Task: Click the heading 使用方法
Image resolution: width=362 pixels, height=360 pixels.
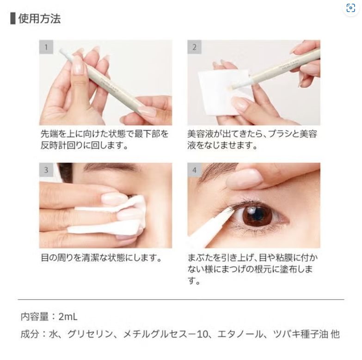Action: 39,19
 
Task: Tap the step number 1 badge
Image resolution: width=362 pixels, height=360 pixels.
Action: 46,47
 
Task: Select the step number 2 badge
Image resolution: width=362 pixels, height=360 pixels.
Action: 194,47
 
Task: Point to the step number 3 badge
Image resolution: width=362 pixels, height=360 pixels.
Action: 46,170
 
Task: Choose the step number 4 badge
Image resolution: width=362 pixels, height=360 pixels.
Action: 194,170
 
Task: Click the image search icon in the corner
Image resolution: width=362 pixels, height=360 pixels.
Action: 351,8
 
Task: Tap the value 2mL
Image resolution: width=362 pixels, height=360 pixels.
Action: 68,317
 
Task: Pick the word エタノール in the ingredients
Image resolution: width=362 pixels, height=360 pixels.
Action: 240,335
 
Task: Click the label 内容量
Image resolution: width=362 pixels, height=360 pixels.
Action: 35,317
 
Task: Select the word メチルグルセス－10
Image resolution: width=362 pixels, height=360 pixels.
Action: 166,335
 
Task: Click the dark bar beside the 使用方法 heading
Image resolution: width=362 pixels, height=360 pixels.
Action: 13,19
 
